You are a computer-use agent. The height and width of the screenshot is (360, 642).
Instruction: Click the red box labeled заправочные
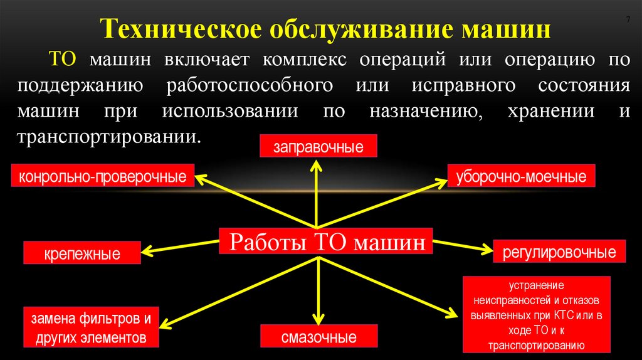click(x=318, y=148)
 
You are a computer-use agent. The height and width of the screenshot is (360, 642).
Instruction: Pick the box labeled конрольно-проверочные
click(x=103, y=176)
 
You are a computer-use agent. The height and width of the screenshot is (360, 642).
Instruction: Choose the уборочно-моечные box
click(x=521, y=176)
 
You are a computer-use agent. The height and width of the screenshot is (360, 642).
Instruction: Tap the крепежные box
click(x=82, y=254)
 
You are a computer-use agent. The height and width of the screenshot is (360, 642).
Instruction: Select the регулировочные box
click(x=559, y=253)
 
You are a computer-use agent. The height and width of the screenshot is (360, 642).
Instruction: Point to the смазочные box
click(x=318, y=337)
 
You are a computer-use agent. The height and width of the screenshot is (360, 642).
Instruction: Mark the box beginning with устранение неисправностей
click(x=536, y=314)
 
